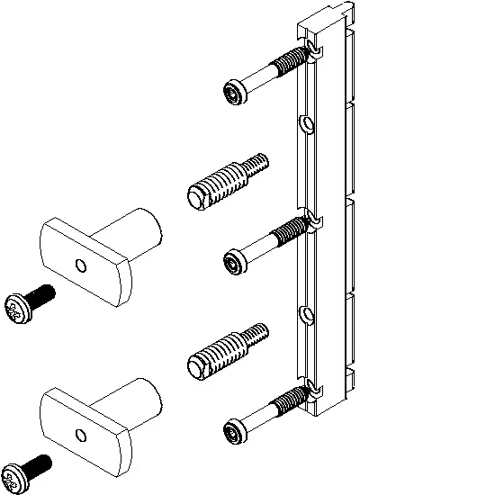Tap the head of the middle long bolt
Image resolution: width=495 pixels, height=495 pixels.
point(234,261)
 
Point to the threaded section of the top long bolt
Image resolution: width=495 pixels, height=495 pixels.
point(290,64)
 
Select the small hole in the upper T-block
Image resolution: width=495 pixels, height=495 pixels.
point(81,265)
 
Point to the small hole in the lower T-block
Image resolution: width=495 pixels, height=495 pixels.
point(81,436)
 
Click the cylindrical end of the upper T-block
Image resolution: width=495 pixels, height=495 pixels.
point(142,229)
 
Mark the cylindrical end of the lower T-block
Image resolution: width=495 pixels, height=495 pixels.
point(142,400)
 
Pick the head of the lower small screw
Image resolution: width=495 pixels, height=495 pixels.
point(16,478)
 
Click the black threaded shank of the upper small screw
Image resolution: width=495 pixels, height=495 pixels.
point(40,295)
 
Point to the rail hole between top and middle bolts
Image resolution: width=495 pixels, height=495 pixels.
point(306,123)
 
